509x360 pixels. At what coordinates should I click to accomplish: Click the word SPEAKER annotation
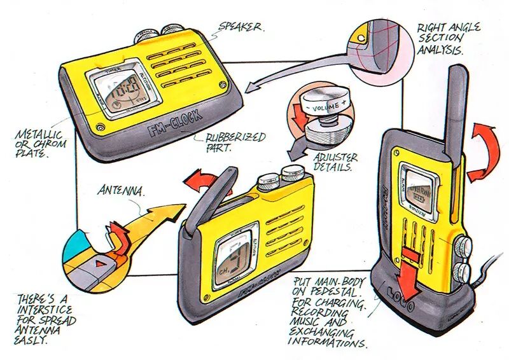pyautogui.click(x=241, y=28)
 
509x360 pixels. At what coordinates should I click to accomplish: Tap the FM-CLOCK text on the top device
pyautogui.click(x=174, y=124)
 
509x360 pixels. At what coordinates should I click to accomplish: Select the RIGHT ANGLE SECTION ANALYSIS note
pyautogui.click(x=449, y=38)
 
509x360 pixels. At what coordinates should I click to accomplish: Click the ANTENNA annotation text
pyautogui.click(x=122, y=190)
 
